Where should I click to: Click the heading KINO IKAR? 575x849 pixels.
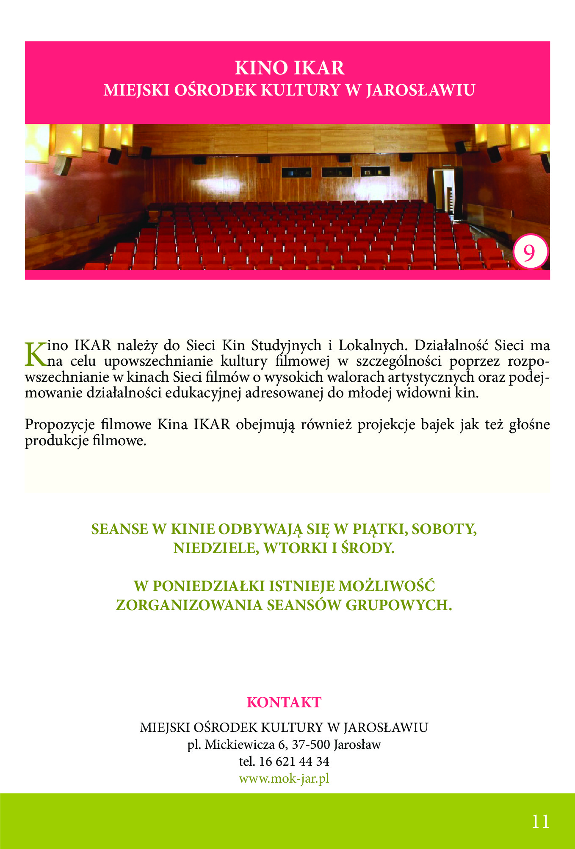[290, 68]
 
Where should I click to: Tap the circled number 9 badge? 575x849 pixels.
[530, 252]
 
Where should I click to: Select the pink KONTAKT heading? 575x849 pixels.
[284, 702]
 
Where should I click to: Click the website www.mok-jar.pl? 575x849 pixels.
[284, 778]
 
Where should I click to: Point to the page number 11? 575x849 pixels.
[540, 822]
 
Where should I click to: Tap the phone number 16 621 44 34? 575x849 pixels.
[294, 761]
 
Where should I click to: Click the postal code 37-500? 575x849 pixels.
[311, 745]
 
